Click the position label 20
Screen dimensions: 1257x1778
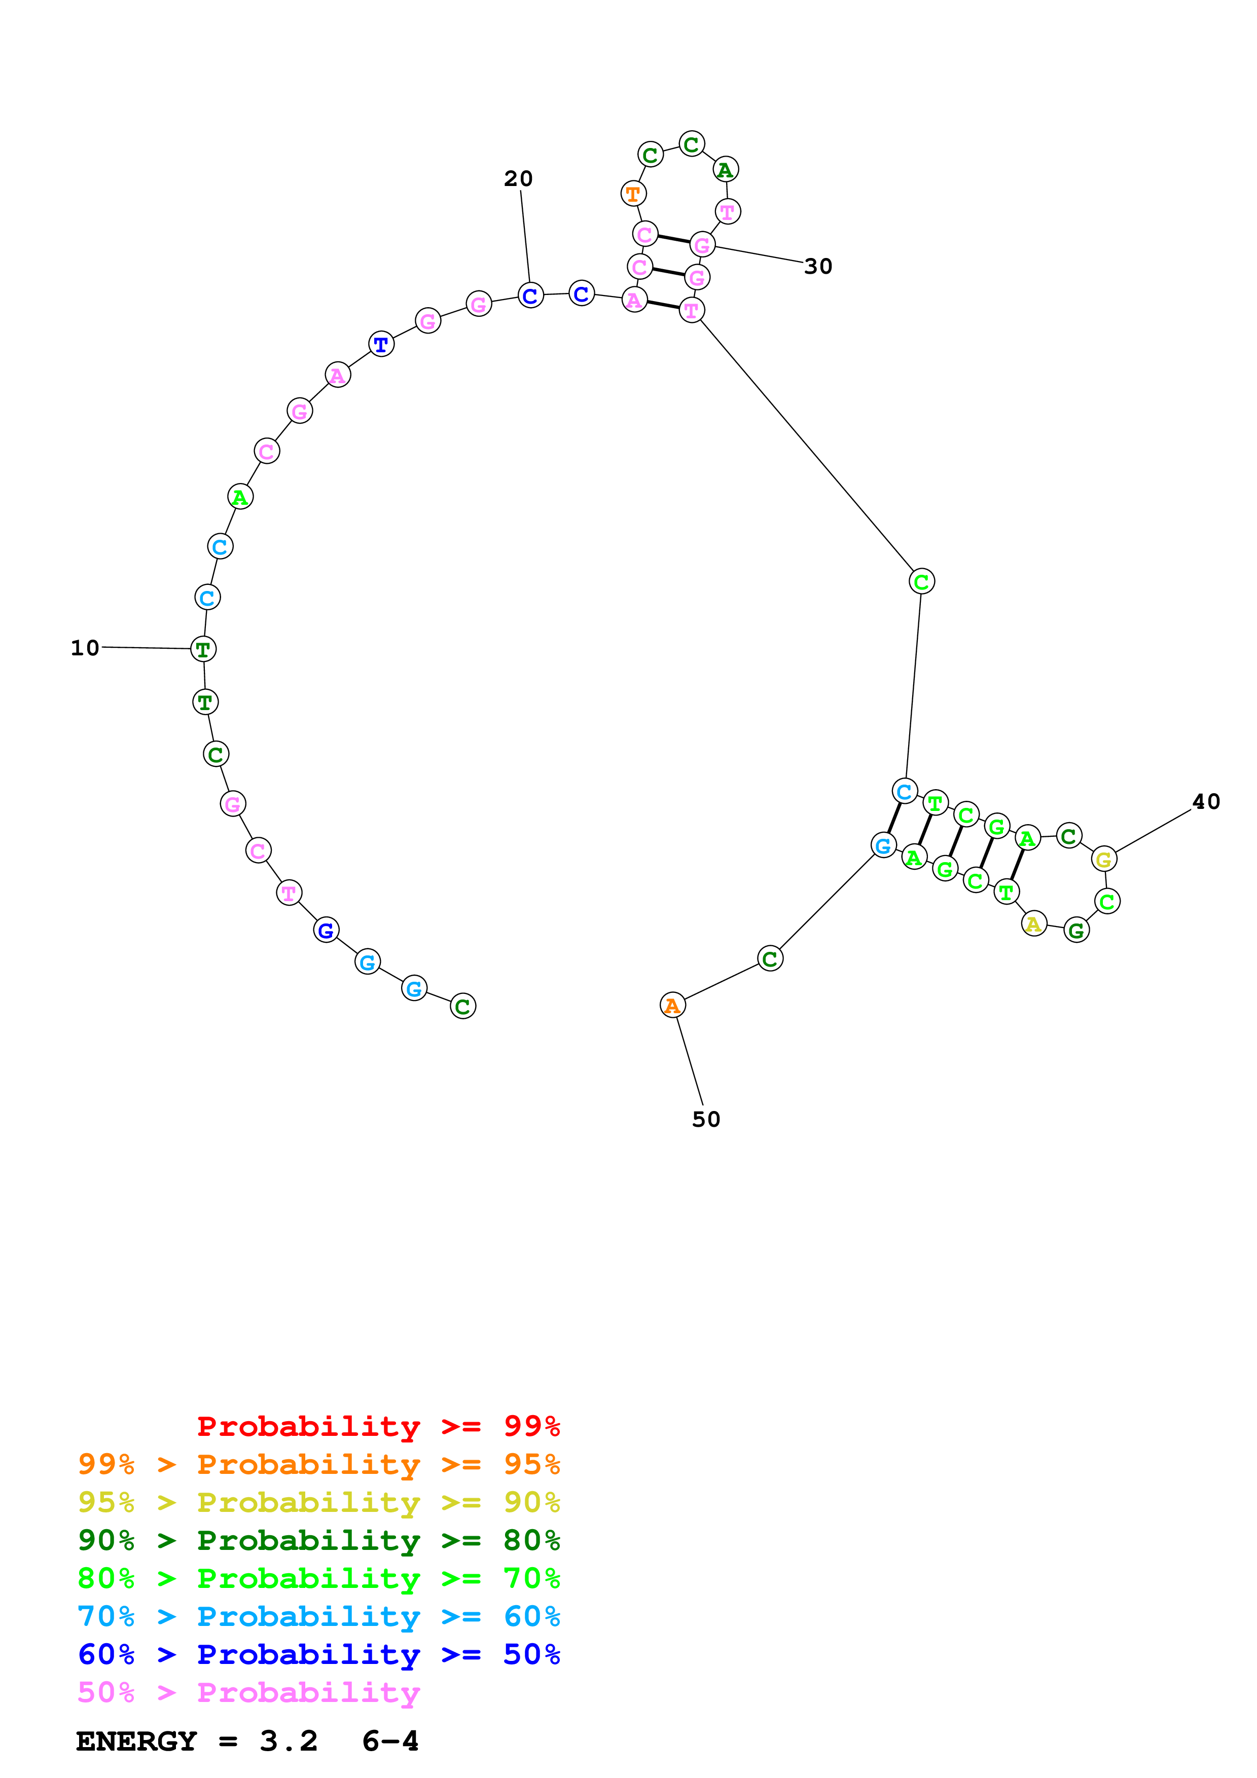(x=518, y=179)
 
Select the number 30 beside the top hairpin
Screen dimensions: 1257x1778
(x=818, y=267)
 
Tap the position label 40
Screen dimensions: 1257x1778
(x=1206, y=801)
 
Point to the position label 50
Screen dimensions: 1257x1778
(x=705, y=1119)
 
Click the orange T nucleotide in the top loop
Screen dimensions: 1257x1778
(x=633, y=194)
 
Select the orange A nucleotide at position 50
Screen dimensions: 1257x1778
(x=672, y=1005)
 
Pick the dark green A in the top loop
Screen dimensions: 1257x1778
(x=725, y=170)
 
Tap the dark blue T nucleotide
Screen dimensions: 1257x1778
(x=380, y=344)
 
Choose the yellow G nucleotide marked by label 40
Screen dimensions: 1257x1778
(x=1104, y=859)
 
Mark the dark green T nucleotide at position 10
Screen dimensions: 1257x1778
(x=203, y=649)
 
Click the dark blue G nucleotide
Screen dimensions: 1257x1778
(x=326, y=930)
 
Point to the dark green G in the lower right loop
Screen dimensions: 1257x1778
(x=1076, y=930)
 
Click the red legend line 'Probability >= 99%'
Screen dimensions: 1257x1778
(x=378, y=1426)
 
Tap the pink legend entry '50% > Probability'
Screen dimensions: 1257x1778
(x=248, y=1692)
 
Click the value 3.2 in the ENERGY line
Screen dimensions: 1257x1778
(x=288, y=1741)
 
